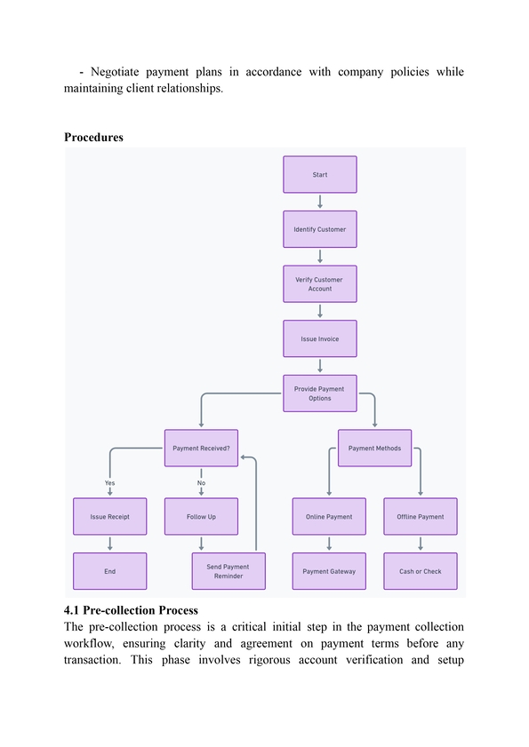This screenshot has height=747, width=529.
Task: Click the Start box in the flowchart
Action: [319, 174]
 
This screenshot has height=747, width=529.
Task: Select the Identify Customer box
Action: [319, 229]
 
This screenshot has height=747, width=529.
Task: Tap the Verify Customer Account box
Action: [319, 284]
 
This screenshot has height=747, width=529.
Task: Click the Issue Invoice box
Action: [319, 338]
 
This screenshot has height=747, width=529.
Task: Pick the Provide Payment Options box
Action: [319, 393]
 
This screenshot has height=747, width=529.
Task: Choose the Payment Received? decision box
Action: [201, 449]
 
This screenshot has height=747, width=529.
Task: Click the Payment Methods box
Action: [374, 449]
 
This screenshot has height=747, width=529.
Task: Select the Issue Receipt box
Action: [109, 516]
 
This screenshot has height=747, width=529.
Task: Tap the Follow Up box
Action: [201, 516]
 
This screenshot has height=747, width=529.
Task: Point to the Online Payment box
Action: [329, 516]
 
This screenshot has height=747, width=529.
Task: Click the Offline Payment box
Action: [421, 516]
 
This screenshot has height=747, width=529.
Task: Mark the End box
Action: [109, 571]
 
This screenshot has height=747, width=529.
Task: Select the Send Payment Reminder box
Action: [228, 571]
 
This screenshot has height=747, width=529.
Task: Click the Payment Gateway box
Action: [329, 571]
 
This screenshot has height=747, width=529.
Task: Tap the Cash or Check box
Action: [421, 571]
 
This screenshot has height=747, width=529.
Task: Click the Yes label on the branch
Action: [109, 482]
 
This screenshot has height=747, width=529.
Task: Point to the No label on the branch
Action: [201, 482]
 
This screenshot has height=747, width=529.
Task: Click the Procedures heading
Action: [93, 137]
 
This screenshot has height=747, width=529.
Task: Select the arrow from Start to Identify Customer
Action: [320, 202]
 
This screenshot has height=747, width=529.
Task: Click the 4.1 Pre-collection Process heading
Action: [131, 610]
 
